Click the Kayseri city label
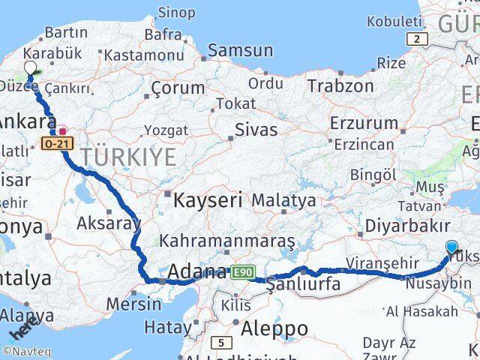208,200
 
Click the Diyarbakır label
406,226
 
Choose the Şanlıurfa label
304,284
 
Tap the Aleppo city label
275,328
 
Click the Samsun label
240,51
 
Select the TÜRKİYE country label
128,157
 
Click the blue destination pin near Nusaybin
451,247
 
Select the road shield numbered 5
221,343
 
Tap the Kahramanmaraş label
228,241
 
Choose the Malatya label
283,200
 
